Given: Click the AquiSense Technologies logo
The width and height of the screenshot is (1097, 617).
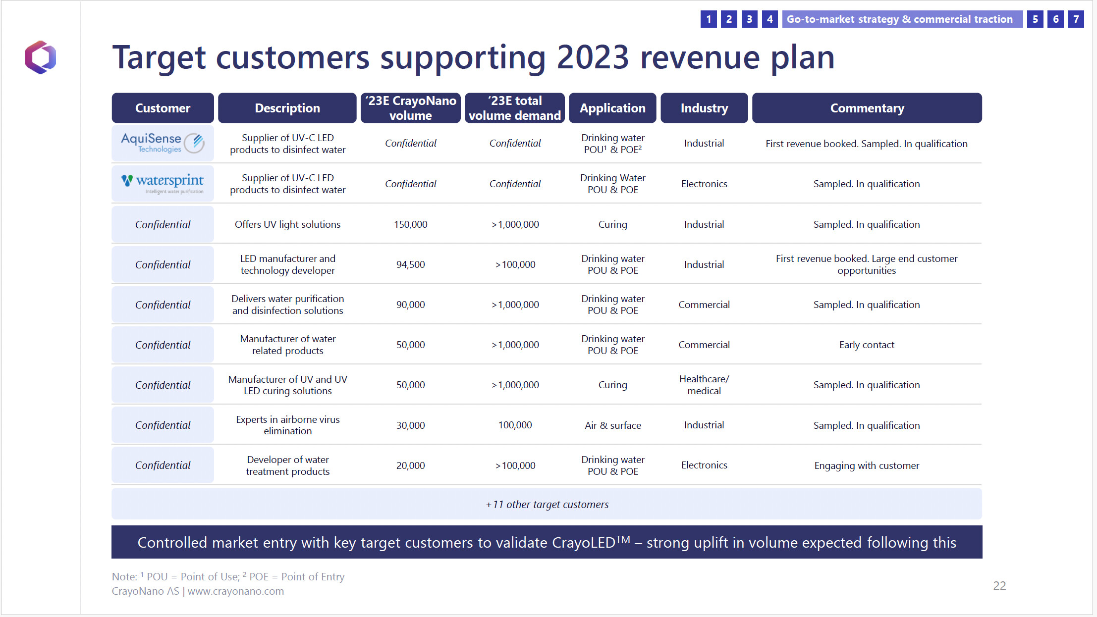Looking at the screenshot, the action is (x=163, y=143).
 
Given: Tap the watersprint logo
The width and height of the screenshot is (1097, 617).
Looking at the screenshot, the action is (x=163, y=183).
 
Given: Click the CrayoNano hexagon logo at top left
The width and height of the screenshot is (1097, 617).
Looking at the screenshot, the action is (x=41, y=57).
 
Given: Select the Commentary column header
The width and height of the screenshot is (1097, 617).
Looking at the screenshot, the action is (x=867, y=108).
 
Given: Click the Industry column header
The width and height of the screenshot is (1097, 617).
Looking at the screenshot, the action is (x=704, y=108).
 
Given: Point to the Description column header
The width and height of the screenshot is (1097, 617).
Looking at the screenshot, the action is (x=287, y=108).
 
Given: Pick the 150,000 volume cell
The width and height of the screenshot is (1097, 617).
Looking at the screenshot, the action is (x=411, y=224).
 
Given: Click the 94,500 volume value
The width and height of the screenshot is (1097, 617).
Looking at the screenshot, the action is (x=411, y=264).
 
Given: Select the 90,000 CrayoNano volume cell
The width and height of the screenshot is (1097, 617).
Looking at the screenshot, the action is (x=411, y=305).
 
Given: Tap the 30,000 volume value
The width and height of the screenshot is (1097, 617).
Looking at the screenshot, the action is (x=411, y=425).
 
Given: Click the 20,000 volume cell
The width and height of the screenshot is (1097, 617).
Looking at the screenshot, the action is (x=411, y=465).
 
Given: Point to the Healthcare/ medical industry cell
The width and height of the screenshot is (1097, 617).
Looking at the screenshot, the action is (x=704, y=385).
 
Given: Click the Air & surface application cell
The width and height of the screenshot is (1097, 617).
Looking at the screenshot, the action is (x=613, y=425).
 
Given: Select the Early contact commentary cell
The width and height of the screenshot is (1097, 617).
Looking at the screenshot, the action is (x=867, y=345).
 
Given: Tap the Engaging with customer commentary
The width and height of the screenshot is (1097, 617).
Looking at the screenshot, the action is (x=867, y=465).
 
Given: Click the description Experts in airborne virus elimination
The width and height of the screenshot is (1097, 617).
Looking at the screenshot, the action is (x=288, y=425).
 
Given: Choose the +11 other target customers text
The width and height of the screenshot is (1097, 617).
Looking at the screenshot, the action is (x=547, y=504).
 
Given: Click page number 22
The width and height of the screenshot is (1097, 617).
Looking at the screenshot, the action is (x=999, y=586).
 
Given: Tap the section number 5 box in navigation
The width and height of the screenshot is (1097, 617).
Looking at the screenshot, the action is (x=1035, y=19).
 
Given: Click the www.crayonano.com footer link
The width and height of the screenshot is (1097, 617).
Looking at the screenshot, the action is (x=236, y=591).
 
